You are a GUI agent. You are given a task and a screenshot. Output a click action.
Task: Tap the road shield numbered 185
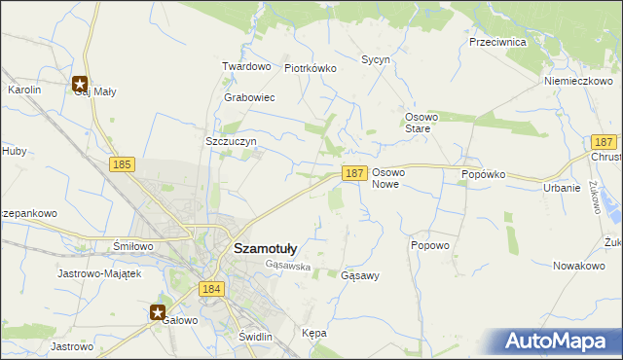pos(122,165)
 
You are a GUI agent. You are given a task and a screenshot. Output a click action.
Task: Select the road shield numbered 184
pos(211,289)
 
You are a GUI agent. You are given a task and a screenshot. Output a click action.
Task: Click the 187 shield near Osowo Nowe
pos(354,172)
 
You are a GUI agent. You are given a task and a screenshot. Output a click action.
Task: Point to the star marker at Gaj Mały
pos(80,84)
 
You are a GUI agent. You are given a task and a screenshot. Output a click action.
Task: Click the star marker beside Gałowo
pos(158,312)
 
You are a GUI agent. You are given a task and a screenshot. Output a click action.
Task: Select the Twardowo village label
pos(245,66)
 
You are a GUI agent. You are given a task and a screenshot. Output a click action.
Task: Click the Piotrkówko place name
pos(310,69)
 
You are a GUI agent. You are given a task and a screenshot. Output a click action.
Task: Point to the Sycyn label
pos(376,59)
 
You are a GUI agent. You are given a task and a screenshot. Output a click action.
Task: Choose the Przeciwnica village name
pos(497,43)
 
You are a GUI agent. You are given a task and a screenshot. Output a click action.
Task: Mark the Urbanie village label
pos(562,188)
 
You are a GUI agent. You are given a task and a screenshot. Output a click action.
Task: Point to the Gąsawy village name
pos(360,275)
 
